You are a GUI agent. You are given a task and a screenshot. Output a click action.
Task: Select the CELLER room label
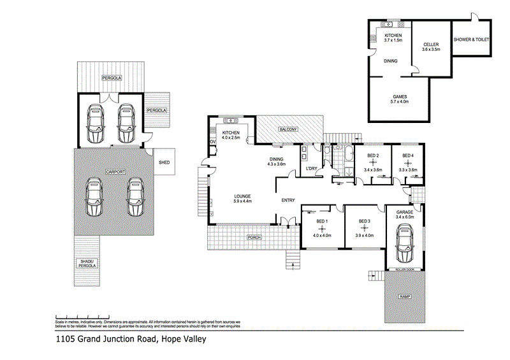click(x=431, y=45)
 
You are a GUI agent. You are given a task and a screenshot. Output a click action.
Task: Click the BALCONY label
click(x=288, y=130)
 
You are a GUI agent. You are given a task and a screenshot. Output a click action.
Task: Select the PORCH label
click(x=252, y=237)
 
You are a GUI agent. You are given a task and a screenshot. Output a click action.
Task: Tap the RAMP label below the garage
click(x=404, y=297)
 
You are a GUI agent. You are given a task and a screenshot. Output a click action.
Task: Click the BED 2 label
click(x=373, y=155)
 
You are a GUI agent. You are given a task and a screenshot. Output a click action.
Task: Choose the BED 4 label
click(x=408, y=155)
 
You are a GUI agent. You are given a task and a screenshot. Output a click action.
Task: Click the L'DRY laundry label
click(x=312, y=168)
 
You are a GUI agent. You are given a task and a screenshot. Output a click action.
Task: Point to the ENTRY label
click(x=288, y=201)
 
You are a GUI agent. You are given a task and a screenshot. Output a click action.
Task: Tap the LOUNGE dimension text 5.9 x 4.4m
click(x=243, y=202)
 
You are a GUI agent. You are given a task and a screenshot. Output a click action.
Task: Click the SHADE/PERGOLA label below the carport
click(x=87, y=264)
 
